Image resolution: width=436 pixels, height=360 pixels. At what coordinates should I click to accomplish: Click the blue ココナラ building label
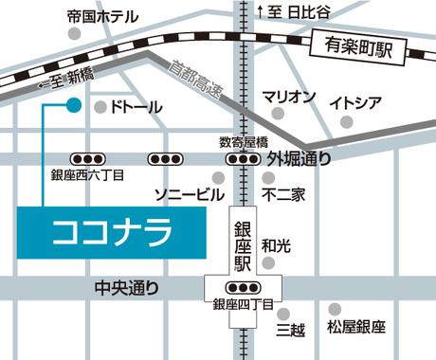(112, 231)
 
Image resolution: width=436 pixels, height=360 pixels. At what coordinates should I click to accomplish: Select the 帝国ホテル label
(102, 17)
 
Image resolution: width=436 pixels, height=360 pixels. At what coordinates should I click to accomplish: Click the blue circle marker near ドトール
(73, 105)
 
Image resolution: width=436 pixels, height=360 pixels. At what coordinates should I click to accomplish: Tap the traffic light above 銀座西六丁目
(86, 158)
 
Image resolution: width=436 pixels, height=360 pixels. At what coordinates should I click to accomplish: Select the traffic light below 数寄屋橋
(244, 158)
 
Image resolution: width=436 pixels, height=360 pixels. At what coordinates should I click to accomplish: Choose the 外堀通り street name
(300, 158)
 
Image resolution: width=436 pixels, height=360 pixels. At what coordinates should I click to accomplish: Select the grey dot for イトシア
(346, 121)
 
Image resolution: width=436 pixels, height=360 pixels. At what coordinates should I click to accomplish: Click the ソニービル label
(190, 194)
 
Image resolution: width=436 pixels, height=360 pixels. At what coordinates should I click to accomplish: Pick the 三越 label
(289, 330)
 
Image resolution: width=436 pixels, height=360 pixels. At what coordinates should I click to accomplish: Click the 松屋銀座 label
(355, 328)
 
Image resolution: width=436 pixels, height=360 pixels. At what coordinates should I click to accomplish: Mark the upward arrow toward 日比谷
(261, 10)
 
